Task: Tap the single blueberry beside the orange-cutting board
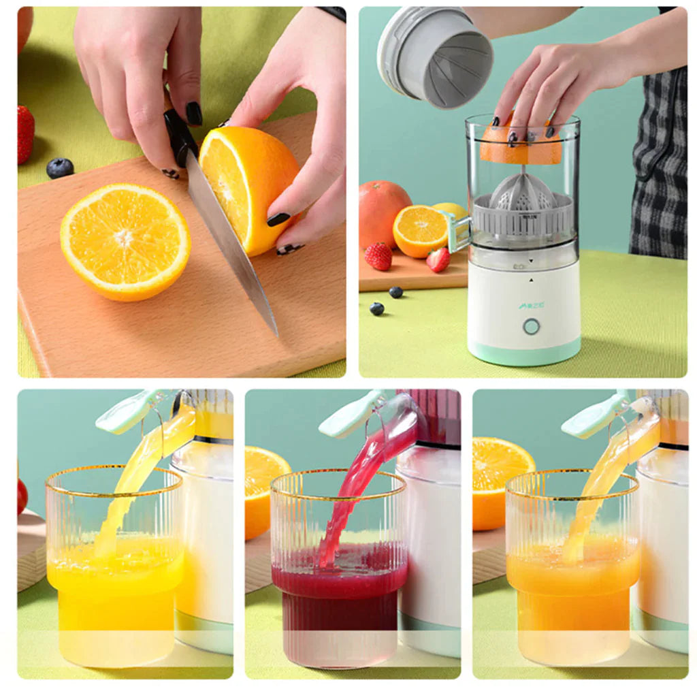(60, 167)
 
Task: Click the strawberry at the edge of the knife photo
(25, 133)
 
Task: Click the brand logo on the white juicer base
(531, 306)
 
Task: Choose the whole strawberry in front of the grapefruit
(378, 256)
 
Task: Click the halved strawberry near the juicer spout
(438, 259)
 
